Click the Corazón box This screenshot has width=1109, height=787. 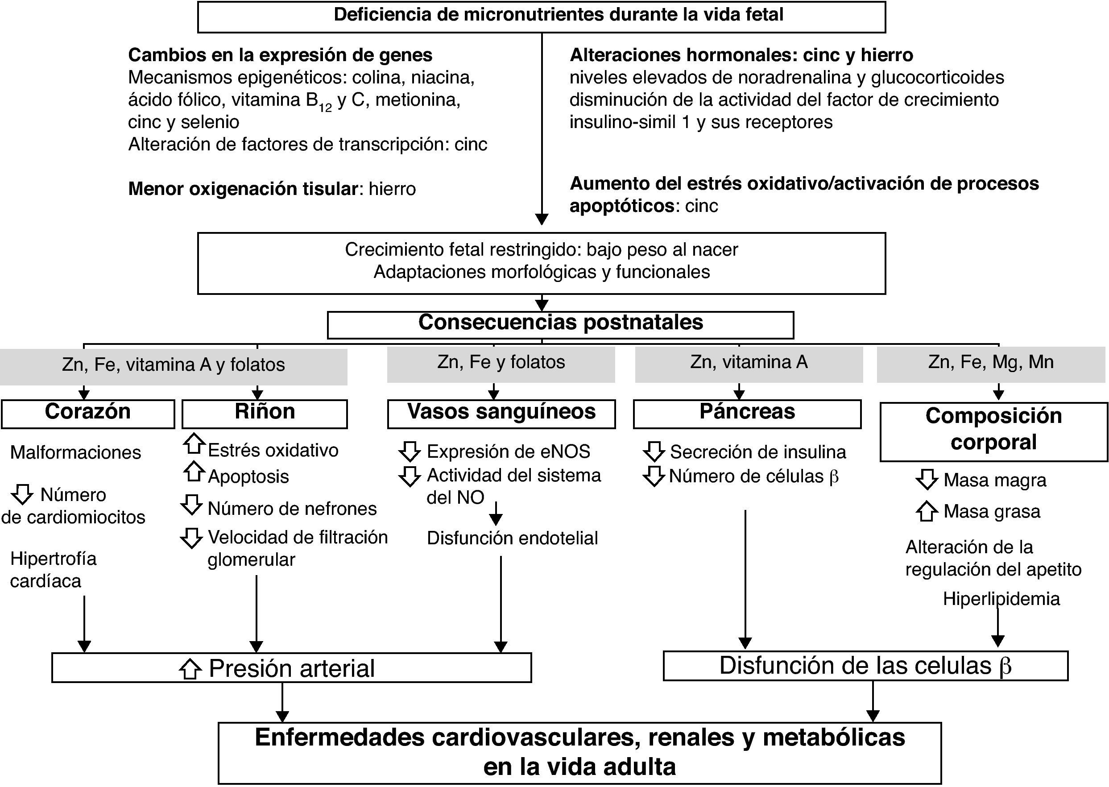pos(88,414)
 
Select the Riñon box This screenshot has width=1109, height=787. pos(265,414)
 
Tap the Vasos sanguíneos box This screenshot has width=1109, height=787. pos(501,414)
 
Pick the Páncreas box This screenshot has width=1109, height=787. pos(747,414)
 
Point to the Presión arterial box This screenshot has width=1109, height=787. pos(291,668)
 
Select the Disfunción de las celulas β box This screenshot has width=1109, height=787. pos(865,665)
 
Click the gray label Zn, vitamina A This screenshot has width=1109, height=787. pos(749,364)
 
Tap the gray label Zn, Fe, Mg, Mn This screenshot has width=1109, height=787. pos(991,364)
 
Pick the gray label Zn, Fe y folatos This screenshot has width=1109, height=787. pos(501,364)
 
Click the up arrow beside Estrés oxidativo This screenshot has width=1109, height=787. pos(194,444)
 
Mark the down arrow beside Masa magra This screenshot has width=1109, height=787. pos(927,479)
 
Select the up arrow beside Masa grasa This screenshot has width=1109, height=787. pos(927,511)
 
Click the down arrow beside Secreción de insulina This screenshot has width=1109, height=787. pos(654,451)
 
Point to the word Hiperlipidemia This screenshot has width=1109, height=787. pos(1001,599)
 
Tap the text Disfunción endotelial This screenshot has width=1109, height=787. pos(512,538)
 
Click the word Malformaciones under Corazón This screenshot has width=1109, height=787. pos(75,453)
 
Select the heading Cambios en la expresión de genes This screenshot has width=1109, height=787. pos(280,55)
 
